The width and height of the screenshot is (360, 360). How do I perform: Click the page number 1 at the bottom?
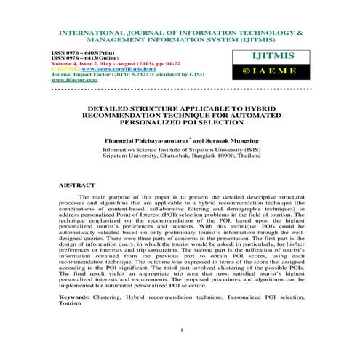[179, 349]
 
